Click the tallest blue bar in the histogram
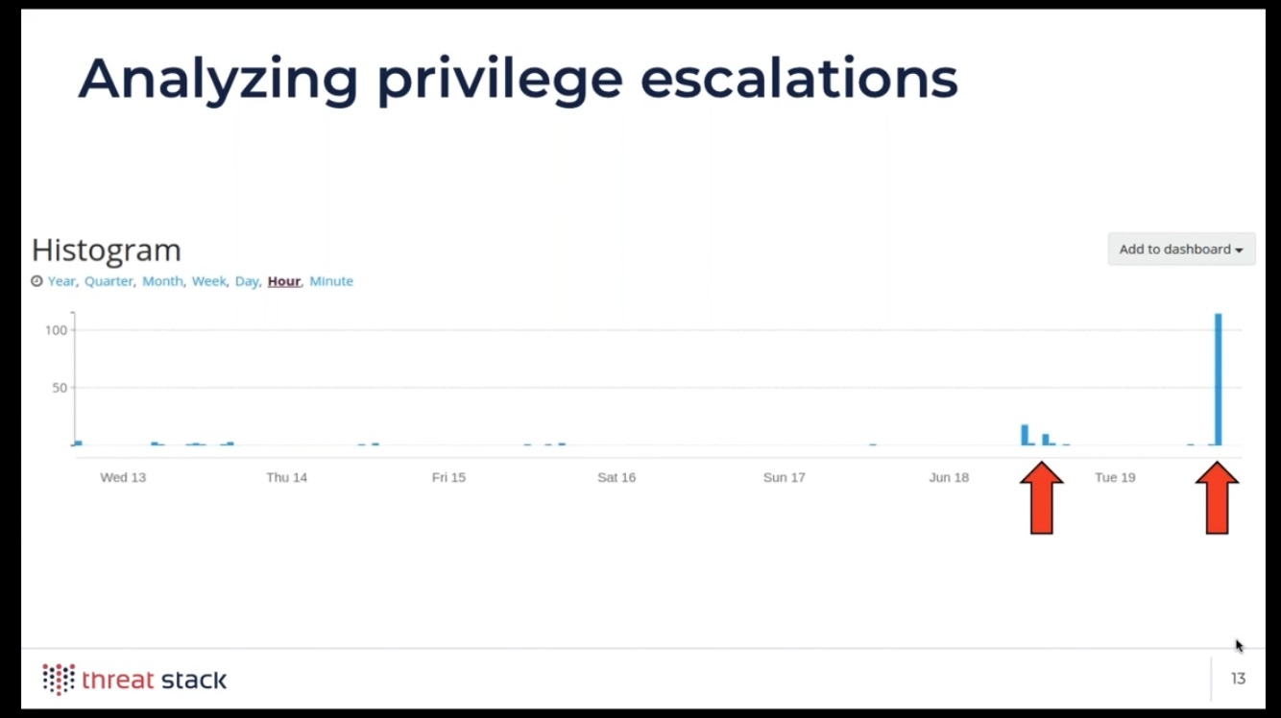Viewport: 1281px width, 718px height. (1218, 379)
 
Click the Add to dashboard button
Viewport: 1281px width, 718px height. (1181, 250)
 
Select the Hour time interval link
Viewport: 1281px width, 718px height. (284, 281)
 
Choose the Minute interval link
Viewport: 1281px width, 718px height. (331, 281)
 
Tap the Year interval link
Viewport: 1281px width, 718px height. (61, 281)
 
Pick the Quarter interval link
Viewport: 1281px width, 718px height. (109, 281)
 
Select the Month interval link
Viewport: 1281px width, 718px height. (162, 281)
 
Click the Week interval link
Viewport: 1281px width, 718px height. (208, 281)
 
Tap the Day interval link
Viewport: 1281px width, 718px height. (247, 281)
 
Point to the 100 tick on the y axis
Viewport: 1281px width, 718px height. (56, 330)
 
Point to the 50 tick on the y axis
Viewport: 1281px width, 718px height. (60, 388)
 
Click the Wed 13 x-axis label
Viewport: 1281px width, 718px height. (123, 477)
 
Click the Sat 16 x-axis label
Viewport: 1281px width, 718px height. (616, 477)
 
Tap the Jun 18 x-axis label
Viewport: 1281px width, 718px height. (949, 477)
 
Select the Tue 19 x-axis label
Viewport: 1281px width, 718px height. (1115, 477)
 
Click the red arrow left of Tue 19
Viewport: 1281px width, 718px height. (1042, 498)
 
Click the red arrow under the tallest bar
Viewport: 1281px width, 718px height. (1217, 498)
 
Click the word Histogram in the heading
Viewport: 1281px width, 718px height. (107, 250)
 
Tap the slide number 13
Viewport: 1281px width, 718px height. (1238, 679)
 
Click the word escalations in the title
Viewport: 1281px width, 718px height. (799, 79)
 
